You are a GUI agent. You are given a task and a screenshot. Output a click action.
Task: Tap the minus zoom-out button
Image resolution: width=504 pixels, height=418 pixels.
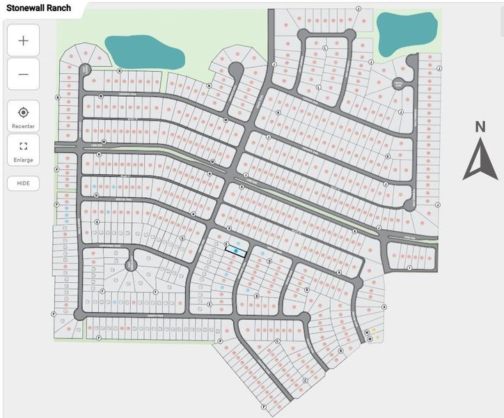click(x=23, y=74)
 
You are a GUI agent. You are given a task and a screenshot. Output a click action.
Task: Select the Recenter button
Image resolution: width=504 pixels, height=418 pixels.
click(x=23, y=116)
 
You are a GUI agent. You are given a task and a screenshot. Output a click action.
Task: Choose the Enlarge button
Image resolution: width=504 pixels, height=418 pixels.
click(x=23, y=150)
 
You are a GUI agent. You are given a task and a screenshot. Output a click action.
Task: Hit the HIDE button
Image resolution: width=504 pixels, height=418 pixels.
click(x=23, y=183)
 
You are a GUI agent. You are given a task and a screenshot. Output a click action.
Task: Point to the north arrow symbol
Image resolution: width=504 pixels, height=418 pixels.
click(x=480, y=159)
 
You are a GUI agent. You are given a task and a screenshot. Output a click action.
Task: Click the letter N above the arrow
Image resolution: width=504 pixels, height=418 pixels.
click(x=480, y=127)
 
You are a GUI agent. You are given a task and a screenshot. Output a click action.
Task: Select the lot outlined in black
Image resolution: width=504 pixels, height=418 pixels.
click(x=237, y=251)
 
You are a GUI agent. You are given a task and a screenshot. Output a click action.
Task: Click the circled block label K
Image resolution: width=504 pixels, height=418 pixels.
click(x=278, y=112)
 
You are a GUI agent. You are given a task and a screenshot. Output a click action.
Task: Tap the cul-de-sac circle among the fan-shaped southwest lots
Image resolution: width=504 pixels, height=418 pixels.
click(x=129, y=265)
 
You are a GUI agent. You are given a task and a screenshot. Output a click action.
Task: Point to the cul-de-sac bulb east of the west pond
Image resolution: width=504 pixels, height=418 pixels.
click(x=235, y=69)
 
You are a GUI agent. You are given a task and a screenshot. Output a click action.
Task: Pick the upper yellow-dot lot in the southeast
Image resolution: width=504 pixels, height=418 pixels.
click(x=373, y=330)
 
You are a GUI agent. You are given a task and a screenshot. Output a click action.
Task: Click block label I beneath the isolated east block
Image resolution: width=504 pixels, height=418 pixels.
click(x=410, y=268)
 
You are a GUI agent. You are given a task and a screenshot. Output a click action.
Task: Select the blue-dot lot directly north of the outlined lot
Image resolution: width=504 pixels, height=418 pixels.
click(x=237, y=243)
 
